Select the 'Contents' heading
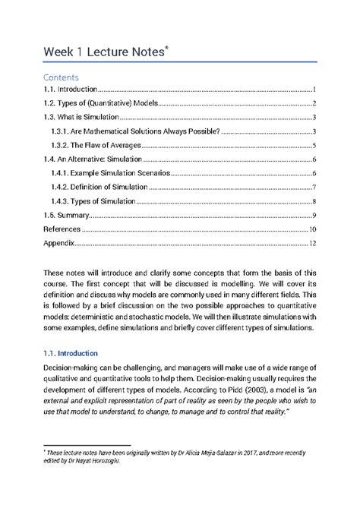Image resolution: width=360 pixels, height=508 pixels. tap(61, 77)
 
